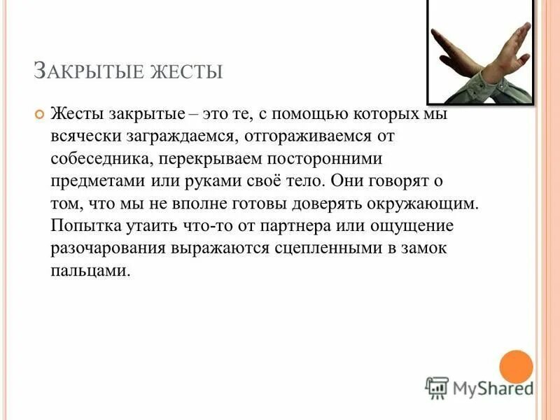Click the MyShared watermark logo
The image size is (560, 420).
(479, 387)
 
